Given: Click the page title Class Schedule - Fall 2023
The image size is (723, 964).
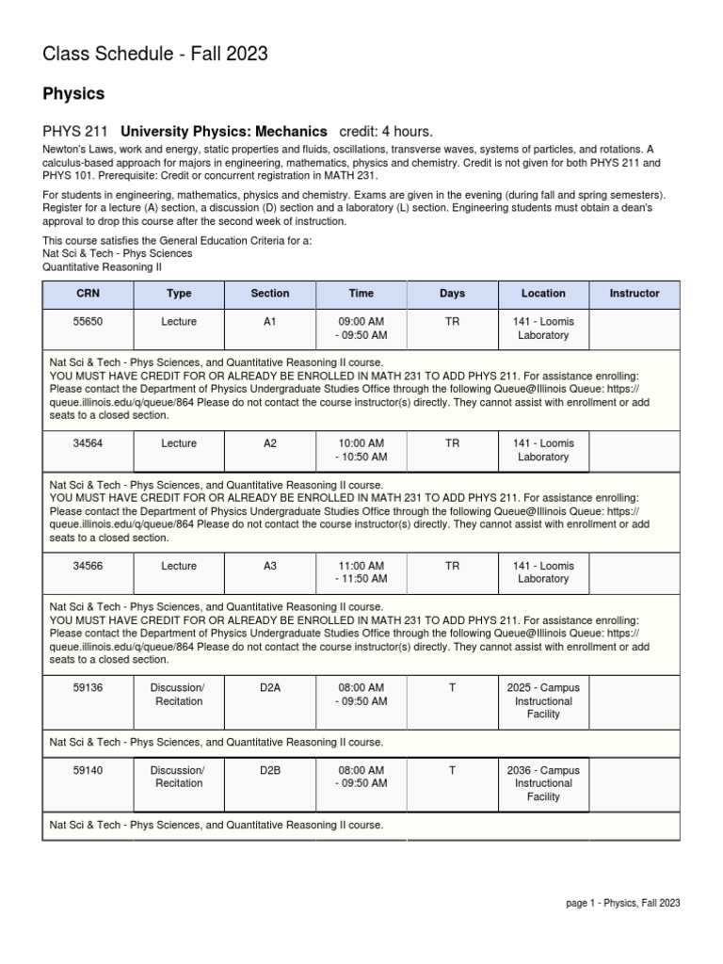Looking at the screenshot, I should pos(155,55).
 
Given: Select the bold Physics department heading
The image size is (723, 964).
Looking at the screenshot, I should pos(73,94).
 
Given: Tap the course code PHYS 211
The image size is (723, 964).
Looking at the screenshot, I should pos(75,132).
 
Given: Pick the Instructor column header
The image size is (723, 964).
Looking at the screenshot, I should pos(635,294).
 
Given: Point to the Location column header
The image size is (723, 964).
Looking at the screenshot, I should pos(543,294).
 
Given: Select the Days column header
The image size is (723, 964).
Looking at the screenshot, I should pos(452,294).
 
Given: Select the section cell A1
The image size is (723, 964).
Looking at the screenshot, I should pos(270,322).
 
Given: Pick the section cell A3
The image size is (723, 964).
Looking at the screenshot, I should pos(270,566).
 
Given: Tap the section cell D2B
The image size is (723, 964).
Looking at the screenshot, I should pos(270,770).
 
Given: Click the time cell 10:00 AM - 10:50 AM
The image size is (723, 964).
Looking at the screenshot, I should pos(361,450).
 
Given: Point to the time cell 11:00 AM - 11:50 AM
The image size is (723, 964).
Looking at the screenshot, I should pos(361,572).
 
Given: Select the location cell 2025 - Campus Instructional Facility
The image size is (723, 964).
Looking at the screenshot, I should pos(543,701).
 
